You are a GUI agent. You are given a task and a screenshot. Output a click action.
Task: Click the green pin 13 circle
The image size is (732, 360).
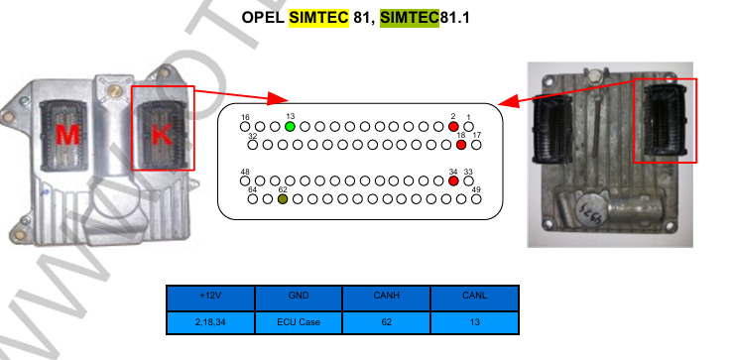click(x=290, y=126)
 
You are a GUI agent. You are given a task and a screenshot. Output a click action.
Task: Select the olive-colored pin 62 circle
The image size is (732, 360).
click(x=283, y=199)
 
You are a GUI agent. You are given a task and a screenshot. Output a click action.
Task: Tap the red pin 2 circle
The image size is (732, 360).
click(x=453, y=126)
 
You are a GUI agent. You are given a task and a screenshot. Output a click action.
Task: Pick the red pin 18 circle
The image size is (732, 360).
click(x=461, y=145)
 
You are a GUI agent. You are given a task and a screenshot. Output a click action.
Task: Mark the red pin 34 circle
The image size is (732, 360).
click(x=453, y=180)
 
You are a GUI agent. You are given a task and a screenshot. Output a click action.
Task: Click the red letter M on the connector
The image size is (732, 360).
click(x=67, y=135)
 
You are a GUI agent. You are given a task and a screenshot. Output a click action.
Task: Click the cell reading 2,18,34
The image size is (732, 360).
click(x=210, y=322)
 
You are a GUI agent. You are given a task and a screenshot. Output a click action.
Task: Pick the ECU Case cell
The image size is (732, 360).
click(x=299, y=322)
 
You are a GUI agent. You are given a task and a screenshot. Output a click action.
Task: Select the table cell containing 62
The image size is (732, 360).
click(x=387, y=322)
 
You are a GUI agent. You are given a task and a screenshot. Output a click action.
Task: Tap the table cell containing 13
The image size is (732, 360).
click(x=474, y=322)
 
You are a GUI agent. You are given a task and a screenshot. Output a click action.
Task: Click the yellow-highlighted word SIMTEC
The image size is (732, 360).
click(x=318, y=18)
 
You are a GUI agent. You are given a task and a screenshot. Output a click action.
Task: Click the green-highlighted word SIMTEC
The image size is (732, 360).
click(x=410, y=18)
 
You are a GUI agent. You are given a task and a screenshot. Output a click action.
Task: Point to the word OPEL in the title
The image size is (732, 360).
click(x=263, y=18)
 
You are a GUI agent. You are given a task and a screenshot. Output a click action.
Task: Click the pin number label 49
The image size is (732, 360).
click(x=476, y=189)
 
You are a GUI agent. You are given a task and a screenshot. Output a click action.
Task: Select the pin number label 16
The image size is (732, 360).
click(x=245, y=117)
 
